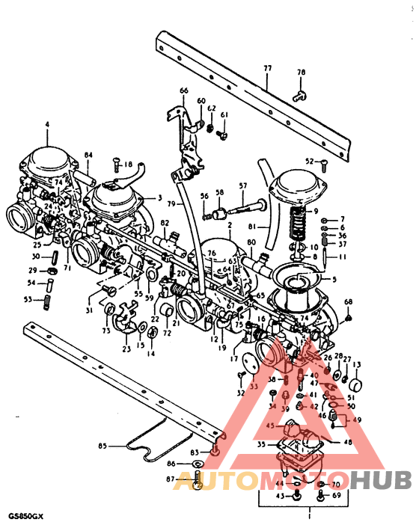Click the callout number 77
click(x=267, y=68)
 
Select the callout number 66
click(x=183, y=90)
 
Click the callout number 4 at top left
click(x=46, y=124)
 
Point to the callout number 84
click(x=88, y=156)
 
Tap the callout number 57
click(x=242, y=185)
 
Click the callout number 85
click(x=103, y=447)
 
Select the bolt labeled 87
click(x=197, y=484)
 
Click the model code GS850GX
click(x=25, y=515)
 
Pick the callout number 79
click(x=171, y=203)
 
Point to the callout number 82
click(x=165, y=223)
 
